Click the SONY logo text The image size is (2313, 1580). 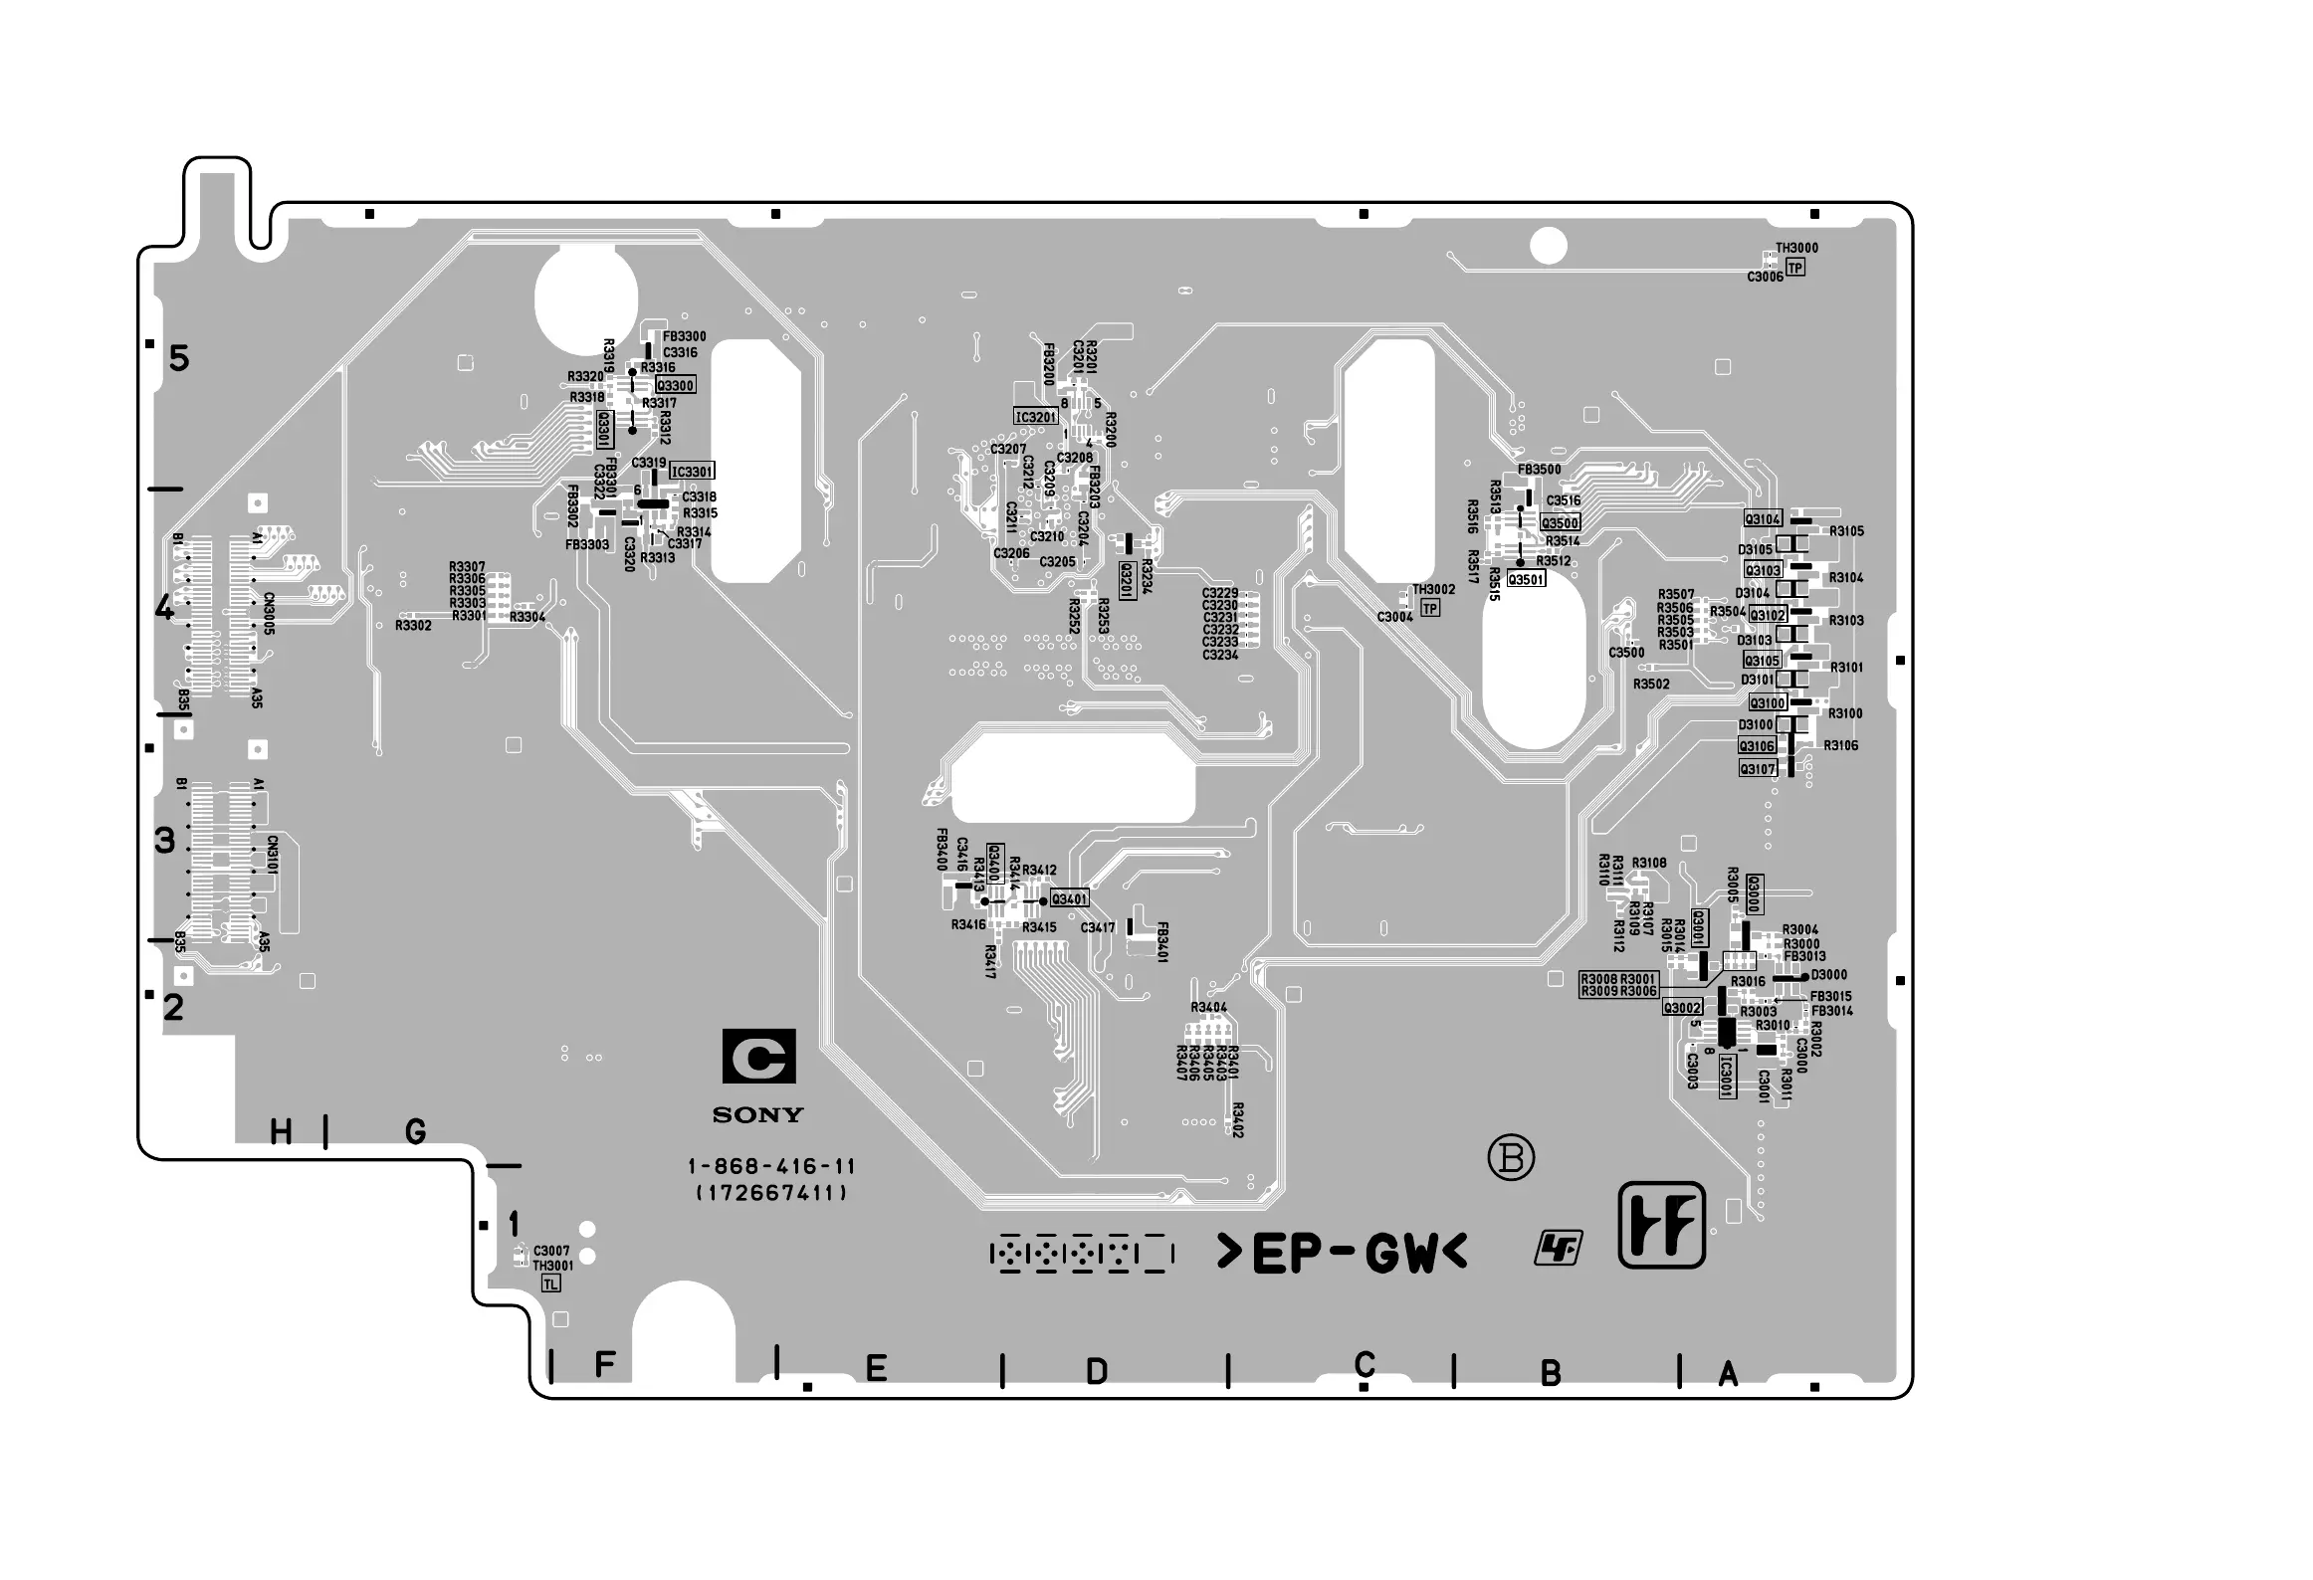click(757, 1115)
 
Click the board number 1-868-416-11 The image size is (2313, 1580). click(771, 1166)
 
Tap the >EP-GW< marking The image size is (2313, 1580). click(1343, 1254)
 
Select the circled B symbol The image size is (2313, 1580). click(1511, 1158)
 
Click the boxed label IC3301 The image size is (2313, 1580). click(692, 472)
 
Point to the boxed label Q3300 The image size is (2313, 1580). click(676, 386)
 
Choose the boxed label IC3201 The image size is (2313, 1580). click(1035, 417)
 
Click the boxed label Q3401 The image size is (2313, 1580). click(1070, 899)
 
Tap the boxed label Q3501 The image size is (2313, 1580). click(1526, 580)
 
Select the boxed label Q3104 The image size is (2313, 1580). click(1763, 519)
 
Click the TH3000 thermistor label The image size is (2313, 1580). click(1796, 249)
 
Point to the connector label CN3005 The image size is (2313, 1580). click(269, 614)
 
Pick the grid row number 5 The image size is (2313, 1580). click(179, 358)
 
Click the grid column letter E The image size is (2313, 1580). click(876, 1369)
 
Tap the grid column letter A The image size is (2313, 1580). click(1729, 1374)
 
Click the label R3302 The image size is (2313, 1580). click(413, 626)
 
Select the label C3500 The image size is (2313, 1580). click(1626, 653)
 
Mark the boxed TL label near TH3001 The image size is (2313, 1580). click(550, 1284)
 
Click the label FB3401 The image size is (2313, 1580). click(1161, 941)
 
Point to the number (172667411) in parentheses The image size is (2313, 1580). click(771, 1193)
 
